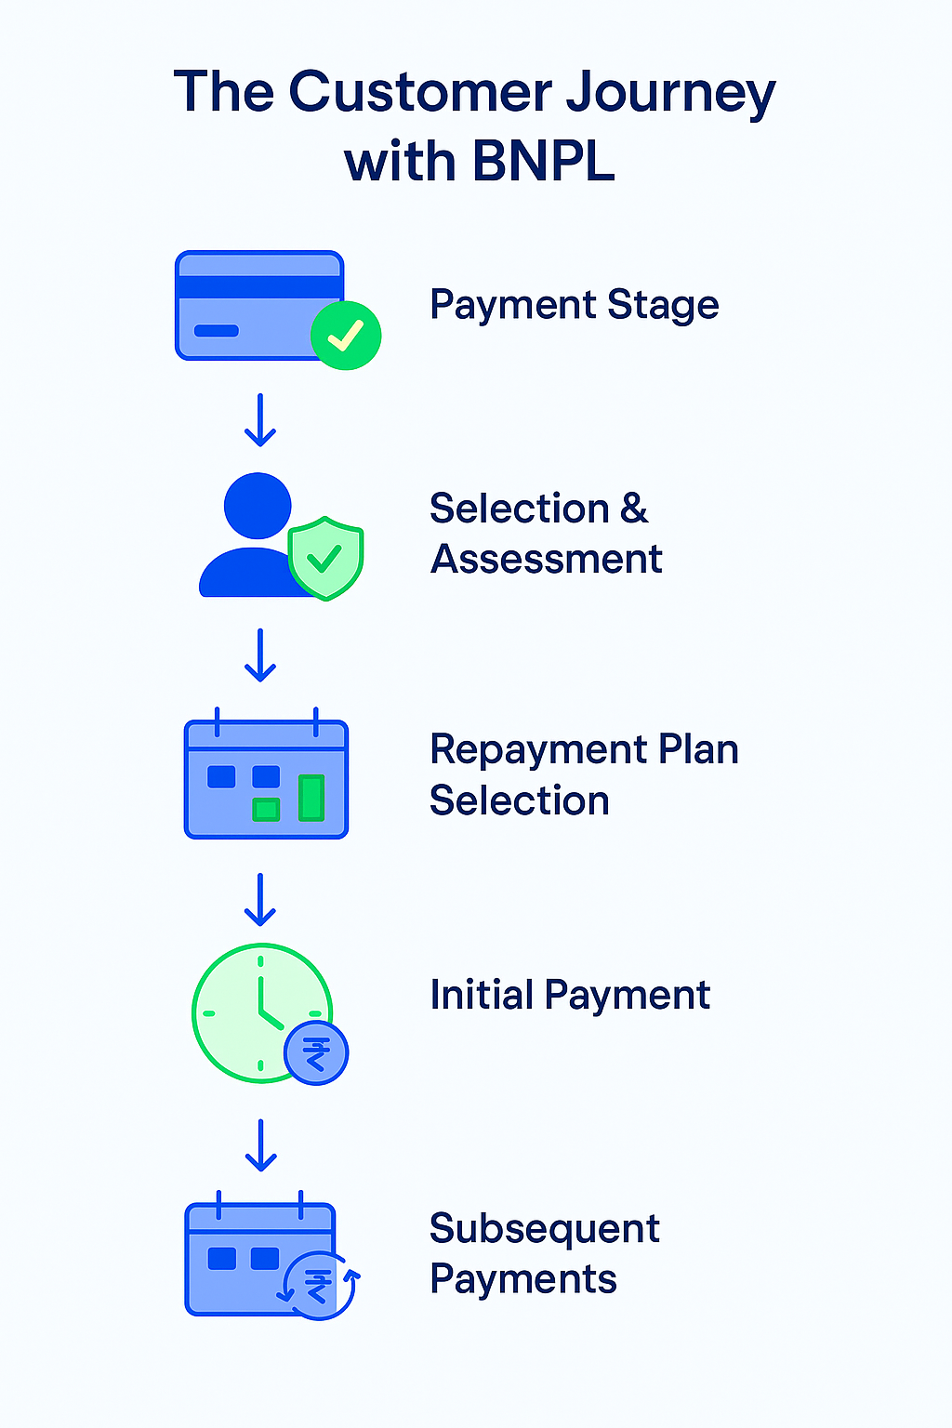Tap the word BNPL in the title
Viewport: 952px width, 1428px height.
[x=544, y=162]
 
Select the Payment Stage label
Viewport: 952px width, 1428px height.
[x=574, y=305]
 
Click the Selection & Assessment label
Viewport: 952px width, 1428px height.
[x=546, y=534]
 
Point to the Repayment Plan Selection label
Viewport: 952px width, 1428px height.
[x=583, y=774]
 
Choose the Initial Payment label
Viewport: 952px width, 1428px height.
[x=569, y=995]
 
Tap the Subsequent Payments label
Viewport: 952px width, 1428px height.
[x=544, y=1253]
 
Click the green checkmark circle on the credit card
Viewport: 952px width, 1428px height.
[x=346, y=335]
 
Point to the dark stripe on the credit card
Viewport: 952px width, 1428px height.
[x=259, y=286]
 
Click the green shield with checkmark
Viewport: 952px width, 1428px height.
[x=325, y=558]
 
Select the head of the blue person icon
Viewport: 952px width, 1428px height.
[x=258, y=506]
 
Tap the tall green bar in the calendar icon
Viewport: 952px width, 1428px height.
[x=311, y=798]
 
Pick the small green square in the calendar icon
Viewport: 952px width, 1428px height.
[x=267, y=809]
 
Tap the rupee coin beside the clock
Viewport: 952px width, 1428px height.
[x=316, y=1054]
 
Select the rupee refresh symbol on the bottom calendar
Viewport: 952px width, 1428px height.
[x=319, y=1286]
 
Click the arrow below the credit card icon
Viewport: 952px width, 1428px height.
[x=260, y=419]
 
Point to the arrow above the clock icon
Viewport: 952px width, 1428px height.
[x=260, y=899]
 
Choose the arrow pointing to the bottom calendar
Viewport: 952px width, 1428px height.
[x=261, y=1144]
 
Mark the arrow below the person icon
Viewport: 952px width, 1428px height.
[x=260, y=654]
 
